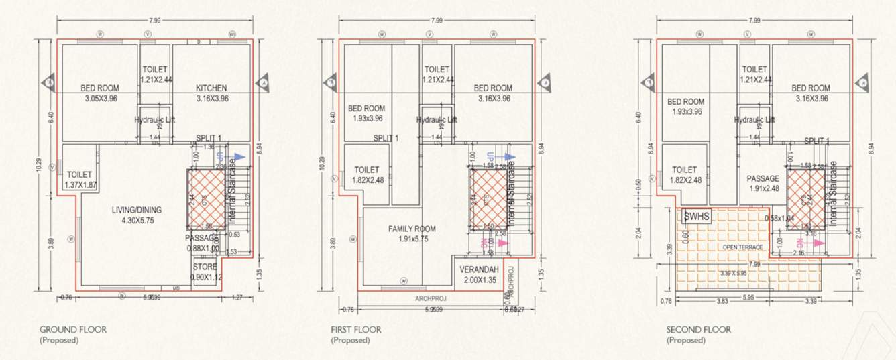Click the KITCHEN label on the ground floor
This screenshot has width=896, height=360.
[x=211, y=88]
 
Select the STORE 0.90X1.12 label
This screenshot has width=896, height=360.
[x=205, y=267]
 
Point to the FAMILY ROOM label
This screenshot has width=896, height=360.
[x=412, y=229]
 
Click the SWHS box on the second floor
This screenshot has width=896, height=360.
[x=695, y=216]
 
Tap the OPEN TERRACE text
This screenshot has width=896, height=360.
[x=742, y=247]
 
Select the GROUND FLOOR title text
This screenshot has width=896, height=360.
[x=73, y=329]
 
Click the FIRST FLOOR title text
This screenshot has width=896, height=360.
[x=356, y=329]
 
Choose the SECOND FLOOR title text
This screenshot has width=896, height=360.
[x=699, y=329]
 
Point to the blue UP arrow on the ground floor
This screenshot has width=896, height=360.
[x=240, y=156]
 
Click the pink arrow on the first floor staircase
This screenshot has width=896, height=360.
[x=504, y=244]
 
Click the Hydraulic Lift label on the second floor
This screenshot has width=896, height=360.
[x=754, y=119]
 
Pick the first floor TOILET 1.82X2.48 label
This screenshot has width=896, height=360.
[x=366, y=174]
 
